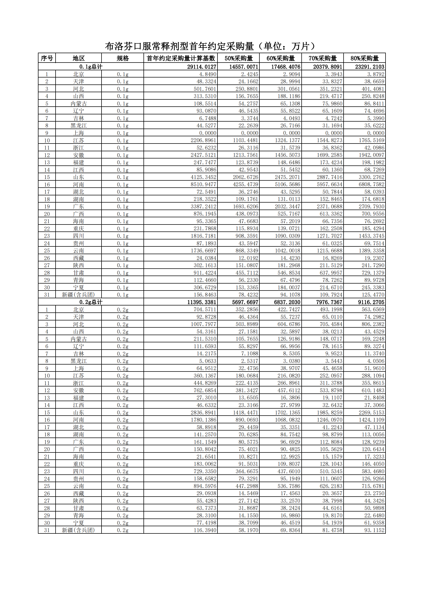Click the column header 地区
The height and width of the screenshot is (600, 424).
pyautogui.click(x=79, y=58)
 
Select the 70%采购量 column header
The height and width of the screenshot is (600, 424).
pyautogui.click(x=322, y=58)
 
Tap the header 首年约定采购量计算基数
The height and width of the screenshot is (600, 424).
pyautogui.click(x=181, y=58)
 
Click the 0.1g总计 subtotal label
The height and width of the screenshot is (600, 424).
pyautogui.click(x=91, y=67)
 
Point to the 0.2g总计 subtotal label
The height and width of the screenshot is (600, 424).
pyautogui.click(x=91, y=302)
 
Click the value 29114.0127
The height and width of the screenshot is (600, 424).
pyautogui.click(x=202, y=67)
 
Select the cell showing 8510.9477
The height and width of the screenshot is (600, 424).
pyautogui.click(x=204, y=184)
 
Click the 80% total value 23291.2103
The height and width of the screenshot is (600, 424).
pyautogui.click(x=370, y=67)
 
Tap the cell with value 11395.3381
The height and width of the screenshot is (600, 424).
pyautogui.click(x=202, y=302)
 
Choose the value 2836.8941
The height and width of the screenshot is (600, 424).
pyautogui.click(x=204, y=412)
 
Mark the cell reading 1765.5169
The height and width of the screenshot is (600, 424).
pyautogui.click(x=371, y=140)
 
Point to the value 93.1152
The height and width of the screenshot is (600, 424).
pyautogui.click(x=374, y=530)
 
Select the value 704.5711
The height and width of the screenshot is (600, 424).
pyautogui.click(x=205, y=309)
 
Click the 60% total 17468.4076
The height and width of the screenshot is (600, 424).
pyautogui.click(x=286, y=67)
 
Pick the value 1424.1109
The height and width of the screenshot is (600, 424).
pyautogui.click(x=371, y=420)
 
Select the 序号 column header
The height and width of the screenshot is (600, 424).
pyautogui.click(x=47, y=58)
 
